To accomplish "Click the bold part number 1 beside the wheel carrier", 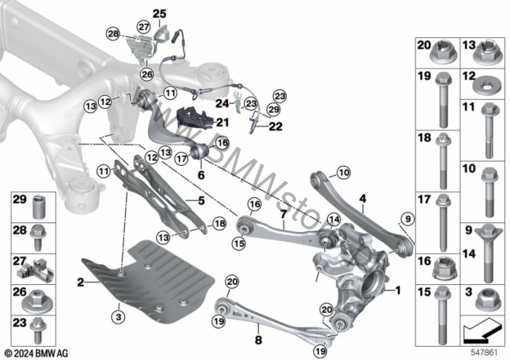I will [398, 290].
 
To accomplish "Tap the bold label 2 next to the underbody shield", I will [80, 283].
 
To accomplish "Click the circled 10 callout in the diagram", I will [343, 173].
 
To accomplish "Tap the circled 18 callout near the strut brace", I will [219, 223].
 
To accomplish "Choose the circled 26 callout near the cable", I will [146, 74].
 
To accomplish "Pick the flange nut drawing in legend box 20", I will [444, 54].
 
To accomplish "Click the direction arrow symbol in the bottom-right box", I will [484, 327].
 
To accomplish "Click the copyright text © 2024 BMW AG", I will [36, 350].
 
